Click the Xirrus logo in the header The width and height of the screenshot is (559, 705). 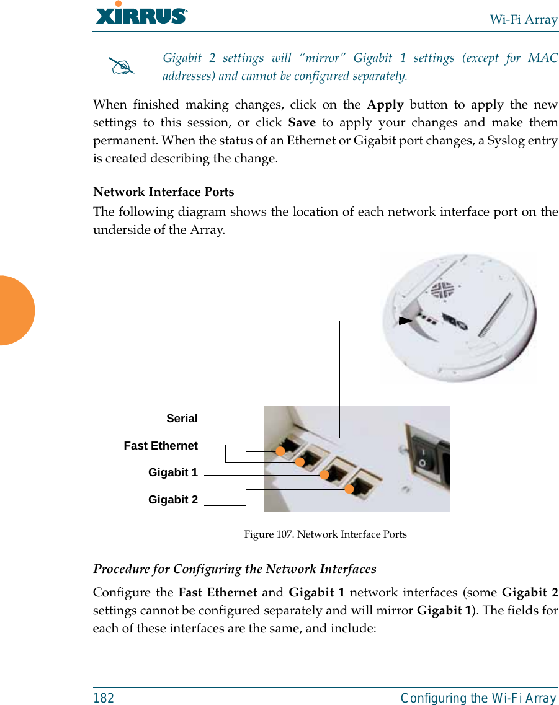141,14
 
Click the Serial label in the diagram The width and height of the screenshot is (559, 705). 182,419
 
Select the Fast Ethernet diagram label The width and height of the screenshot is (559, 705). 161,445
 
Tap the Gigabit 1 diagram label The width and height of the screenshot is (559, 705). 172,472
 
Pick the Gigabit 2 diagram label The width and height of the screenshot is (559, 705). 172,499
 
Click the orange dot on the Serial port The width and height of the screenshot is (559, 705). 280,451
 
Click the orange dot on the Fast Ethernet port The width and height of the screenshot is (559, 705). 299,462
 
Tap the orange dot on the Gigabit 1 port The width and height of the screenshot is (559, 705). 323,475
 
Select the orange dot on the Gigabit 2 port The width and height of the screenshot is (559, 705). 349,489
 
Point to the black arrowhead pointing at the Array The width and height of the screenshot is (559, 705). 406,321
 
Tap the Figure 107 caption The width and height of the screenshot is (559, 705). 325,534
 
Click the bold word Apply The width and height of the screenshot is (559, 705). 385,104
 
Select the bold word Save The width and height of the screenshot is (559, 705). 302,122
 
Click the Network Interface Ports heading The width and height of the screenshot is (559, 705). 164,192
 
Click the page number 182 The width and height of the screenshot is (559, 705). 104,698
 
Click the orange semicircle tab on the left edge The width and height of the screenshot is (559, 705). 16,310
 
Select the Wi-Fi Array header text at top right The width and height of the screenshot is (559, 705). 524,19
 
